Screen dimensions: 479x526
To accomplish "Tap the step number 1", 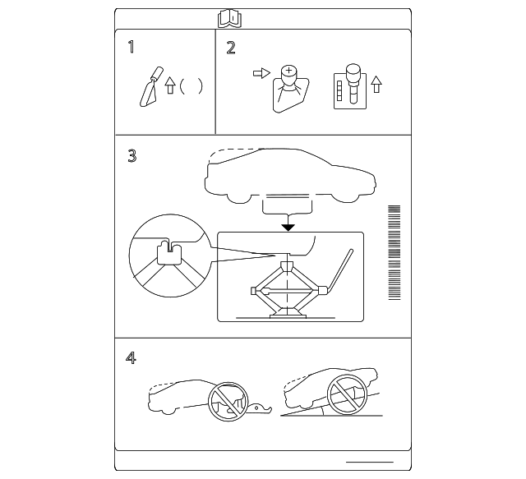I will (x=131, y=47).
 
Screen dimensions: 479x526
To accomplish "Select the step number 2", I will (x=231, y=47).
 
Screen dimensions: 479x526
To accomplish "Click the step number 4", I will (x=131, y=358).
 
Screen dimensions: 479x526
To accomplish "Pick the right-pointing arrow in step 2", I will (x=261, y=74).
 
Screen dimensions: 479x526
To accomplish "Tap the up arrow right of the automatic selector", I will (x=377, y=83).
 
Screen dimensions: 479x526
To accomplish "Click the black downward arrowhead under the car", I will (x=287, y=226).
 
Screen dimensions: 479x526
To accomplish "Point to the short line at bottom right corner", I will (x=370, y=462).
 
